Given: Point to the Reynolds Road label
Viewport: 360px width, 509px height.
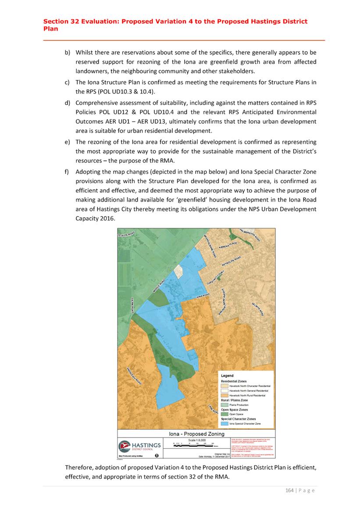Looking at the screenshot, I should [x=232, y=262].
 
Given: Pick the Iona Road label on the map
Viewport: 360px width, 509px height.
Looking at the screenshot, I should [x=202, y=297].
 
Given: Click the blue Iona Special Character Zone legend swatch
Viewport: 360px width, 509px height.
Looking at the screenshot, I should [x=225, y=423].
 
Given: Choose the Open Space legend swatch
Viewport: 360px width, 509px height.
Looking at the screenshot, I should [x=225, y=414].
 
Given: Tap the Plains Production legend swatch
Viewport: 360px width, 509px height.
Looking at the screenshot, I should [x=225, y=405].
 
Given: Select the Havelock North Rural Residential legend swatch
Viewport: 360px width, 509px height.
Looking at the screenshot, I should [x=225, y=395].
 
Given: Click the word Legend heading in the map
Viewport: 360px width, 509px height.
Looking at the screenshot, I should [x=227, y=376].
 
